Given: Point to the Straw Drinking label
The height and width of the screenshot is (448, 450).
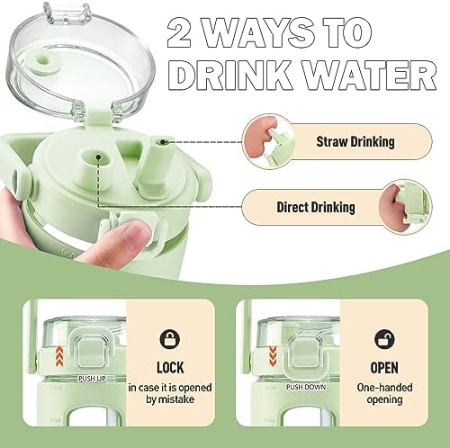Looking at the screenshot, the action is click(355, 141).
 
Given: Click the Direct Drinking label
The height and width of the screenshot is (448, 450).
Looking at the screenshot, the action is click(316, 207).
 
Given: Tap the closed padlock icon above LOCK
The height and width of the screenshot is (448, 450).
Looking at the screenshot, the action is click(170, 339).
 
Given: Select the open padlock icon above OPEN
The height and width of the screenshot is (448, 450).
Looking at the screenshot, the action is click(384, 339).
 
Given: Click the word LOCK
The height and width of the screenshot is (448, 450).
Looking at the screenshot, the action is click(170, 368).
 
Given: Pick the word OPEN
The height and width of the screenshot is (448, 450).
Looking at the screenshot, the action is click(384, 368).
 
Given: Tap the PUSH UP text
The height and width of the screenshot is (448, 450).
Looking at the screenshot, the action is click(92, 379).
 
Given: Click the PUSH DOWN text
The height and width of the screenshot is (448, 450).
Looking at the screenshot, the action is click(306, 387).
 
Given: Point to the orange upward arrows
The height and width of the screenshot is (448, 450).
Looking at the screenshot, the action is click(60, 355).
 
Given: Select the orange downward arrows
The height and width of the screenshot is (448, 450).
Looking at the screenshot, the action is click(273, 355).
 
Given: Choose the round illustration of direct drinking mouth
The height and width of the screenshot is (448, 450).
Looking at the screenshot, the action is click(405, 207).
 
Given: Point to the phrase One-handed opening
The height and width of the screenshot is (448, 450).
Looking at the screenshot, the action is click(384, 393).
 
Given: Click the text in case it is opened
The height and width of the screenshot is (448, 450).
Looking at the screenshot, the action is click(170, 388).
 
